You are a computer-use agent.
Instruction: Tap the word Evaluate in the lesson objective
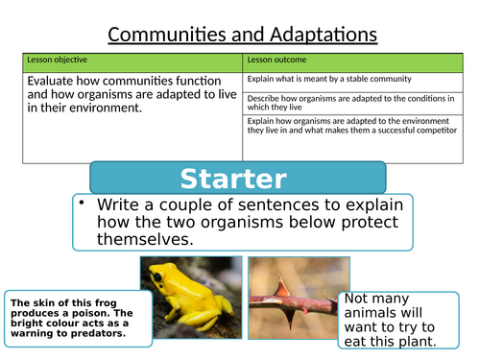coord(55,81)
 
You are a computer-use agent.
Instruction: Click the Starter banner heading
coord(239,179)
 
